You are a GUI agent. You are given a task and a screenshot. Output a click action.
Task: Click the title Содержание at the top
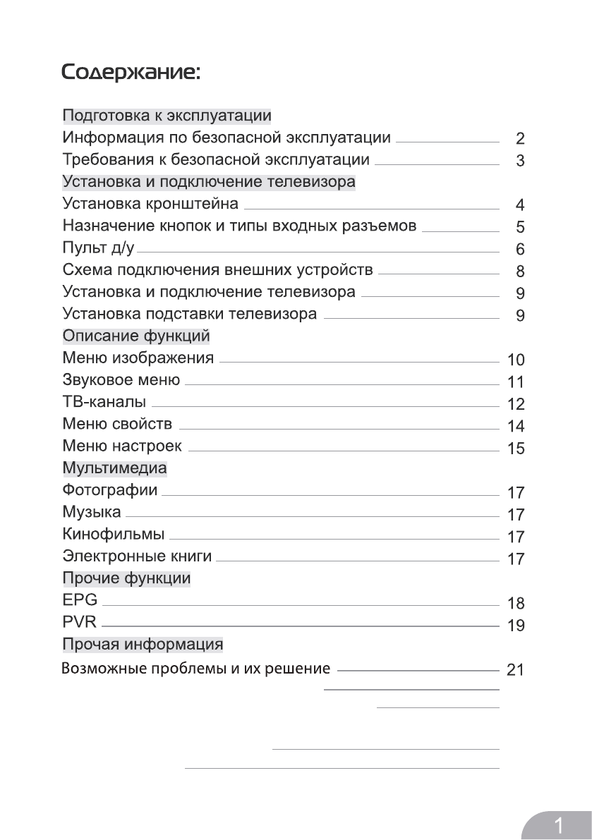pos(131,73)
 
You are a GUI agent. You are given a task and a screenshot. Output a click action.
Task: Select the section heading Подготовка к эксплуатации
pos(167,116)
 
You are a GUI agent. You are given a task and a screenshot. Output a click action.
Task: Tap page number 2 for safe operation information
pos(520,138)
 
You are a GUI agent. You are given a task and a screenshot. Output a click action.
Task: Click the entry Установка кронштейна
pos(150,205)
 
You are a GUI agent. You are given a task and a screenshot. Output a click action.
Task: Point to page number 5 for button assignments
pos(520,227)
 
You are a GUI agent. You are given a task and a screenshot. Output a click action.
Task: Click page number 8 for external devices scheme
pos(520,272)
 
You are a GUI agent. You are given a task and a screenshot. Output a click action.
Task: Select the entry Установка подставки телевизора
pos(190,314)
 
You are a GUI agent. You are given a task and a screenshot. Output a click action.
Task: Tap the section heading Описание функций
pos(136,336)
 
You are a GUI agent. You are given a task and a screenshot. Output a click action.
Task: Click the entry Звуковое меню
pos(121,381)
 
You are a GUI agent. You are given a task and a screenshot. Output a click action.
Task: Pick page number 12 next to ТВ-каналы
pos(517,404)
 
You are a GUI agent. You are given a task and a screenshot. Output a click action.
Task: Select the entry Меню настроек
pos(122,446)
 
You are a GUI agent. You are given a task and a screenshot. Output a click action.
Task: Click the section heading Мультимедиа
pos(115,468)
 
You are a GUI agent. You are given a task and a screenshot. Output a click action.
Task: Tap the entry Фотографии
pos(110,490)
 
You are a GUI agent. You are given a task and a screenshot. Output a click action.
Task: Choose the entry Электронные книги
pos(137,556)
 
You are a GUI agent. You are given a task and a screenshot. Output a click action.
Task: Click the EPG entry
pos(80,601)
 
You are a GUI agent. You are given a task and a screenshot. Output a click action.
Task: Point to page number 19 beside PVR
pos(517,626)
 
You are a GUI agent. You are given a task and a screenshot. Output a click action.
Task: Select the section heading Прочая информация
pos(143,645)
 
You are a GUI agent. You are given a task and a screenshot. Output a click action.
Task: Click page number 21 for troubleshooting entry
pos(516,669)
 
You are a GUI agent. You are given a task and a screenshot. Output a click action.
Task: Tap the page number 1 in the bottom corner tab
pos(560,824)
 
